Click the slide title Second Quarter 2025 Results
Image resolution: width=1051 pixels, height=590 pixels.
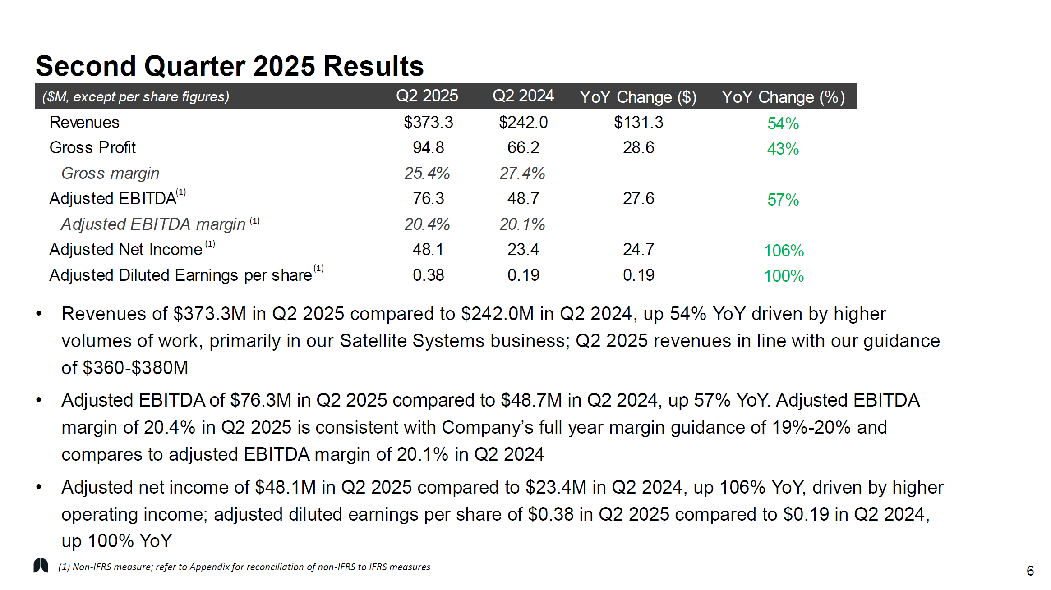[230, 66]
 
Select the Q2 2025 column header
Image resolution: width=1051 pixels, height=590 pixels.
[427, 96]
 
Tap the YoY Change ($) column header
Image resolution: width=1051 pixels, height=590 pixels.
[638, 97]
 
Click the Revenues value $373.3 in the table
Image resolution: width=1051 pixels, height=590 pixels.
[428, 122]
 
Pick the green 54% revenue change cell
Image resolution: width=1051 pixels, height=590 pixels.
[783, 123]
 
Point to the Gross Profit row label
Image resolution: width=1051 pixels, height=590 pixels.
[92, 148]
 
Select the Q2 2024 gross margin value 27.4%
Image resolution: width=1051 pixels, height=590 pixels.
[522, 174]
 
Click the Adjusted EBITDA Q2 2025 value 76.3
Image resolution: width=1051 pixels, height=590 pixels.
[428, 199]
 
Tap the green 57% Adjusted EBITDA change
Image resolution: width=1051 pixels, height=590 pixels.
[783, 200]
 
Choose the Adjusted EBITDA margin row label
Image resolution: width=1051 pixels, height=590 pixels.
[153, 224]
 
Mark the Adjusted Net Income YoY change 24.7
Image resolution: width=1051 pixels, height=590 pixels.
[638, 250]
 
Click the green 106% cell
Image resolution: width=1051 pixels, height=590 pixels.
[784, 251]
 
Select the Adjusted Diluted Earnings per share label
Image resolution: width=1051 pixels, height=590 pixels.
[180, 275]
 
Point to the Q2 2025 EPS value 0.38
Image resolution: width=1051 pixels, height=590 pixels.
[428, 275]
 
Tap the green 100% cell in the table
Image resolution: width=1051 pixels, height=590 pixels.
[784, 276]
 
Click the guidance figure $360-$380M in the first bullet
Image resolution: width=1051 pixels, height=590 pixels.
[135, 368]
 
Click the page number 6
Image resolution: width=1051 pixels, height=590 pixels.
[1030, 571]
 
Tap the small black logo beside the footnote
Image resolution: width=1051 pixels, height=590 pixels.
[41, 565]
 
